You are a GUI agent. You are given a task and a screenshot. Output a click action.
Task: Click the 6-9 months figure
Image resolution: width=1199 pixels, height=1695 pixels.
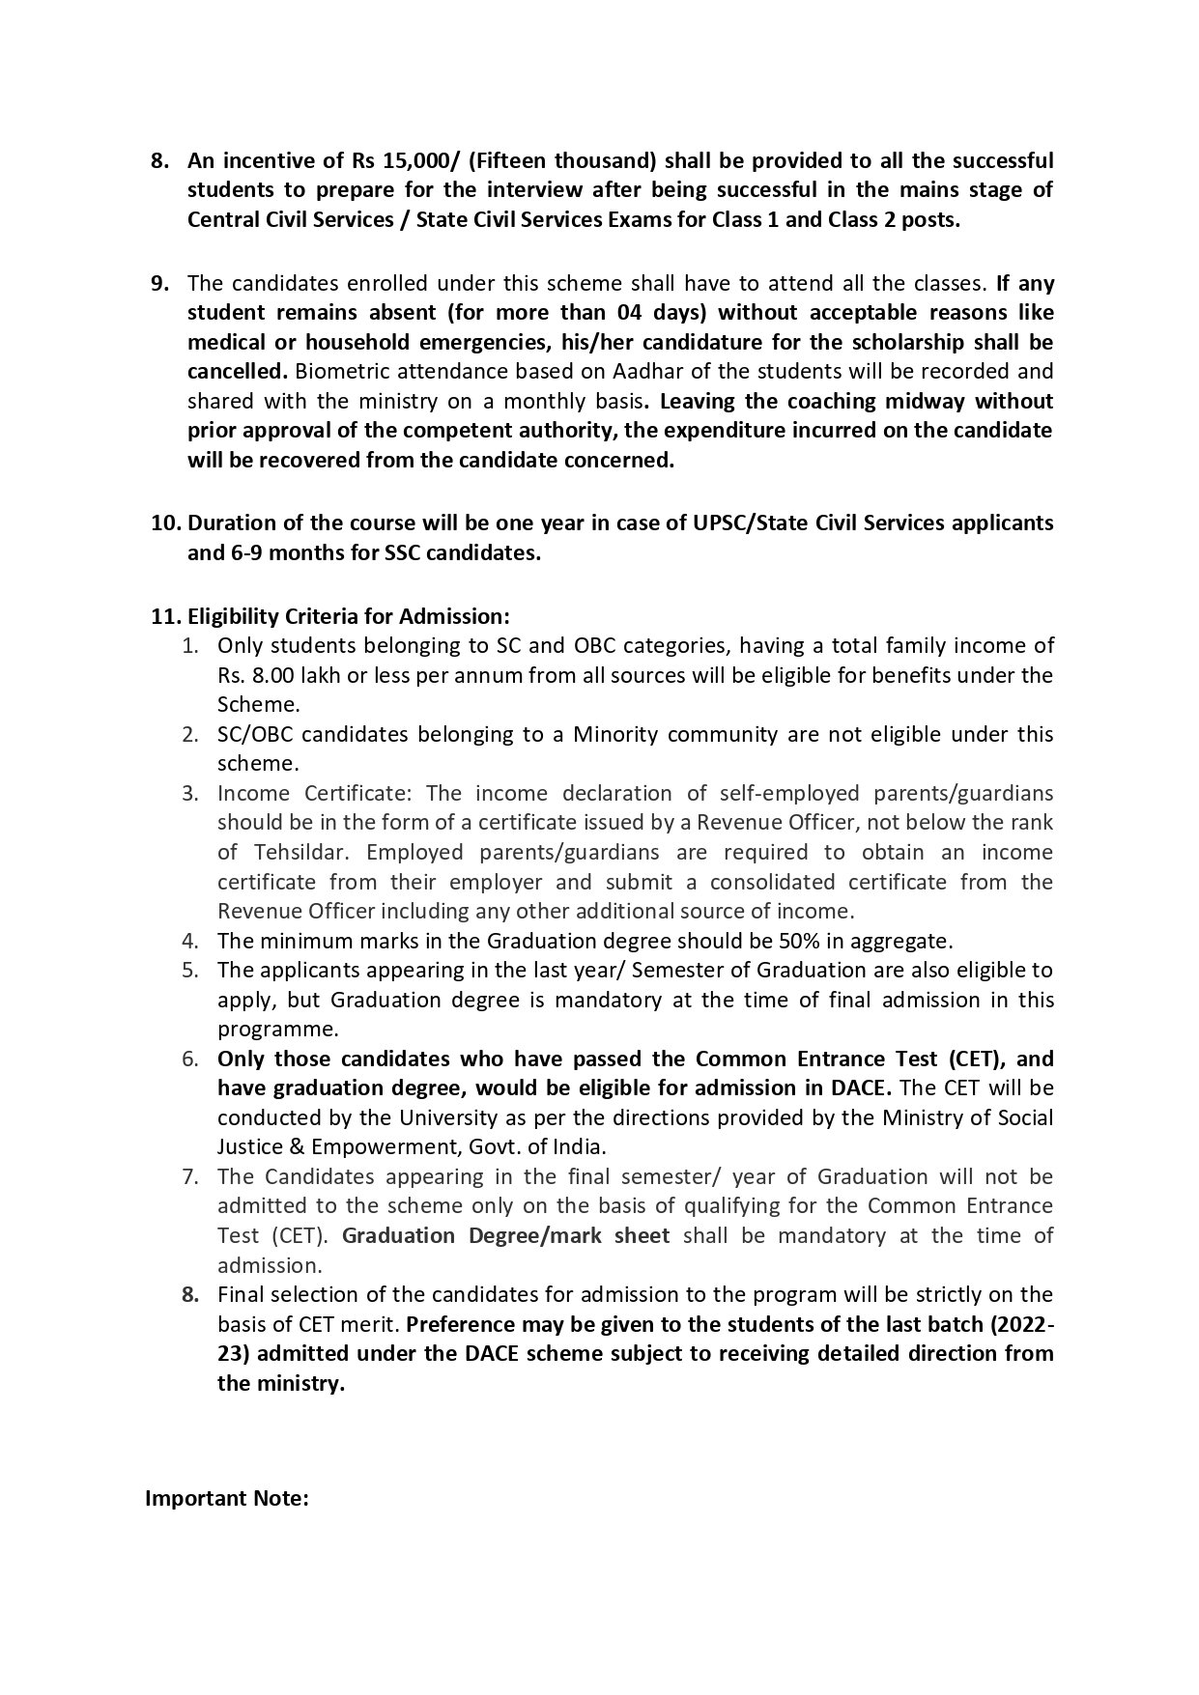click(281, 552)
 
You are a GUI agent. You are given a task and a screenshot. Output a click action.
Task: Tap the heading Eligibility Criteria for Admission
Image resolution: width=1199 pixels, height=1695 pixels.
click(348, 615)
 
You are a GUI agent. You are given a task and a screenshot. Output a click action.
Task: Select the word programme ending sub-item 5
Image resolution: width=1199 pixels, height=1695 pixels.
click(277, 1029)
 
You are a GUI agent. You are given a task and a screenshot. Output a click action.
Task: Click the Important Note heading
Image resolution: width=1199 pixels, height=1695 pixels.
click(227, 1499)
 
